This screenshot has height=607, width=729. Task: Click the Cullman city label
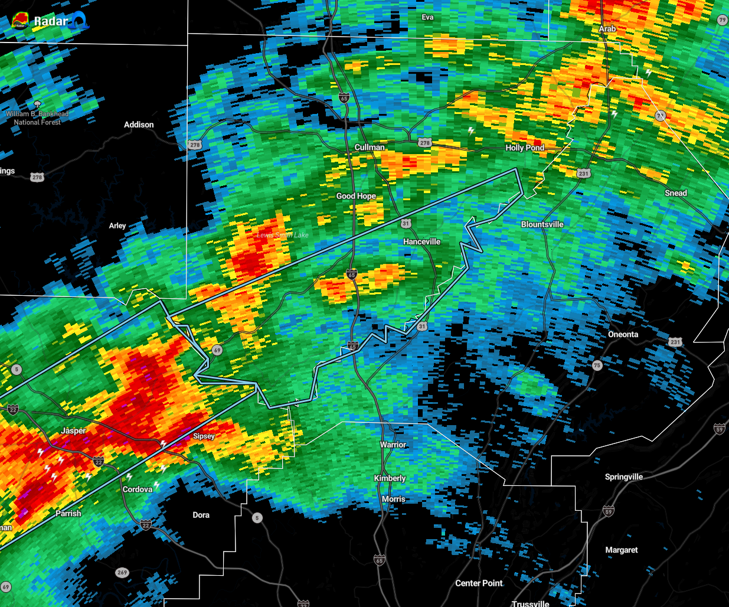(x=370, y=147)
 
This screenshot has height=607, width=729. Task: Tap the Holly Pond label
(x=525, y=148)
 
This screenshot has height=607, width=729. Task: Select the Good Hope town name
(x=356, y=196)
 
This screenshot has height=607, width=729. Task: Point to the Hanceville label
(x=421, y=242)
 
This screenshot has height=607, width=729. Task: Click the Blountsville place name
(x=542, y=224)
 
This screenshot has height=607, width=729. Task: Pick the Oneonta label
(x=623, y=334)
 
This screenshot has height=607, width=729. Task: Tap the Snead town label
(x=675, y=193)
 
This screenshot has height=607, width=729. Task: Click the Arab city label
(x=607, y=29)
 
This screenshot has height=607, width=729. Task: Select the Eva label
(x=427, y=17)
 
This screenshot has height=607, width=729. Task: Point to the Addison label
(x=139, y=125)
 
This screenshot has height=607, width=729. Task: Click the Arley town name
(x=117, y=226)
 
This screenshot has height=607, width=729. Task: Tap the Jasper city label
(x=73, y=431)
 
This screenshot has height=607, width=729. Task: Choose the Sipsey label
(x=204, y=436)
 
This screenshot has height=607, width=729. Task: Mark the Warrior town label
(x=393, y=445)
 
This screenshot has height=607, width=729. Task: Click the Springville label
(x=623, y=477)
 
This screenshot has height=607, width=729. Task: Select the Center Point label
(x=479, y=583)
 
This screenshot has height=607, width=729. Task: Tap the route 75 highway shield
(x=597, y=365)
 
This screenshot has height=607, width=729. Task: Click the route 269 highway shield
(x=122, y=572)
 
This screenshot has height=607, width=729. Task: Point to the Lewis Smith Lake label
(x=282, y=235)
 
